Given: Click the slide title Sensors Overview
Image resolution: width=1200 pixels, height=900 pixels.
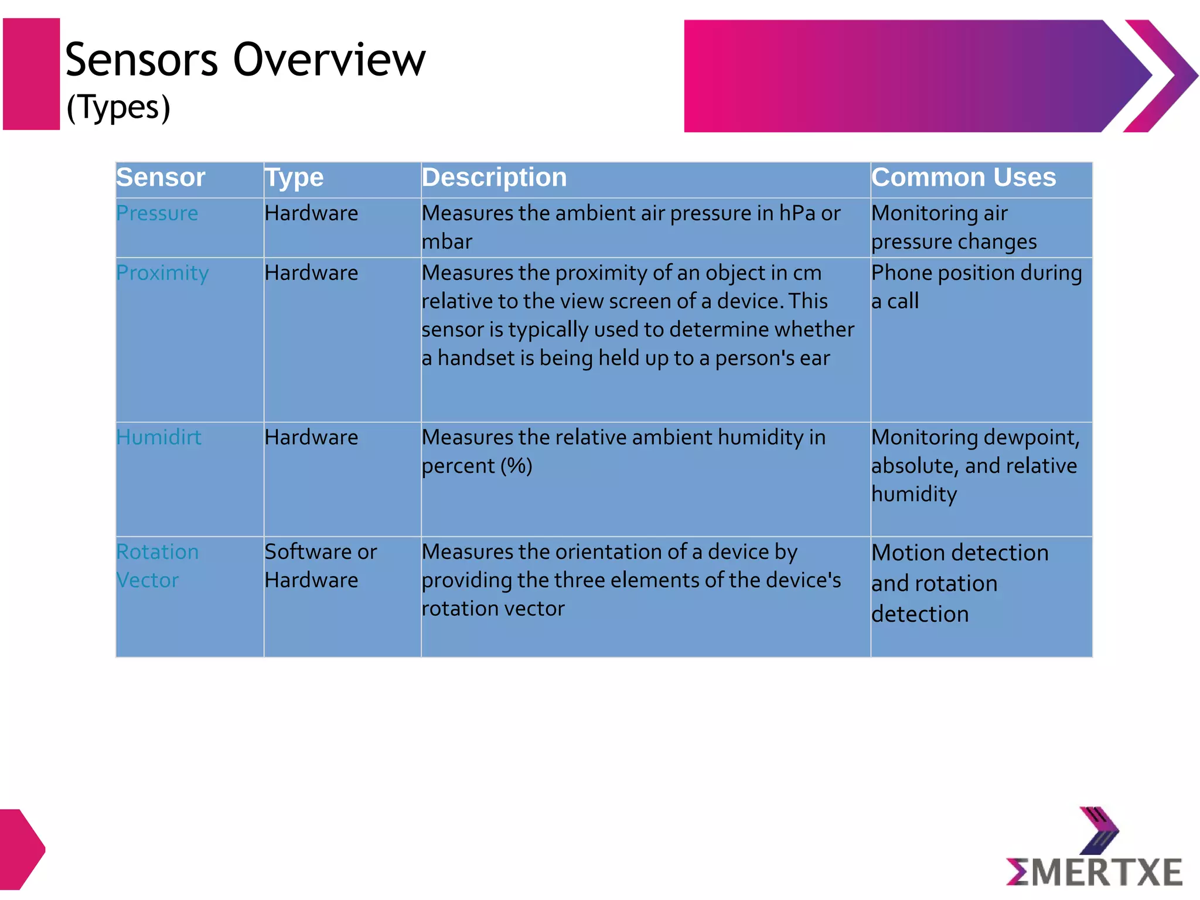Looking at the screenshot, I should click(x=245, y=60).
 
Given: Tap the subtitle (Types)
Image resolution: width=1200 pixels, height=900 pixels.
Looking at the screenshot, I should click(x=118, y=107).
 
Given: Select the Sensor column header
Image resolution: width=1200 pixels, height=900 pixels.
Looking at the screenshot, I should click(x=161, y=178).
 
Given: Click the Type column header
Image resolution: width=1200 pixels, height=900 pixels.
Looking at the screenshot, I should click(x=294, y=178).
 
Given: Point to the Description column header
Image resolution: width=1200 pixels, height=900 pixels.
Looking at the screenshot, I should click(x=494, y=178).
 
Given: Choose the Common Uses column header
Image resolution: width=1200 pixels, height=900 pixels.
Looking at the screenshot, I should click(x=963, y=178).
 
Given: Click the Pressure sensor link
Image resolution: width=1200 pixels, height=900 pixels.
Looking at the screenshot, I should click(x=157, y=213).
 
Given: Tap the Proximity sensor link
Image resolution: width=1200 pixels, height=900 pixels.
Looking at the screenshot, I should click(x=162, y=273).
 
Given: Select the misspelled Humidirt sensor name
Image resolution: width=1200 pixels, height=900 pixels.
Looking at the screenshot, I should click(x=159, y=438).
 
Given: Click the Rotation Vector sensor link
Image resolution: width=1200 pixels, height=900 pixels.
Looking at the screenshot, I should click(x=157, y=566).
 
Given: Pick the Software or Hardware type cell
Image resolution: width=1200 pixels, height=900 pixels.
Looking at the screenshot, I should click(x=321, y=566).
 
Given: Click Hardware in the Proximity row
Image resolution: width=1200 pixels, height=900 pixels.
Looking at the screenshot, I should click(x=311, y=273).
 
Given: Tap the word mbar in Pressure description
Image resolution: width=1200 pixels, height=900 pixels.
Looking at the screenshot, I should click(x=447, y=242).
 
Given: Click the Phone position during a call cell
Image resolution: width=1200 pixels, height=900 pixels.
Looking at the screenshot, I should click(x=976, y=287).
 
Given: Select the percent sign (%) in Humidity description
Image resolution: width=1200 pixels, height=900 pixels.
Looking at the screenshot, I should click(x=516, y=466).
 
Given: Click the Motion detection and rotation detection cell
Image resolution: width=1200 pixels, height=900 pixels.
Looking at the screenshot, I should click(x=959, y=584).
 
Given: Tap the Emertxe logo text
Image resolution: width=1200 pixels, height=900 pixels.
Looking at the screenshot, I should click(x=1095, y=872).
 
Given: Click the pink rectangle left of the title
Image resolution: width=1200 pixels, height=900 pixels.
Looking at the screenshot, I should click(x=32, y=74).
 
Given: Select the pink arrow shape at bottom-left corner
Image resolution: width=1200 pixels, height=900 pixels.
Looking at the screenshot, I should click(x=21, y=849).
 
